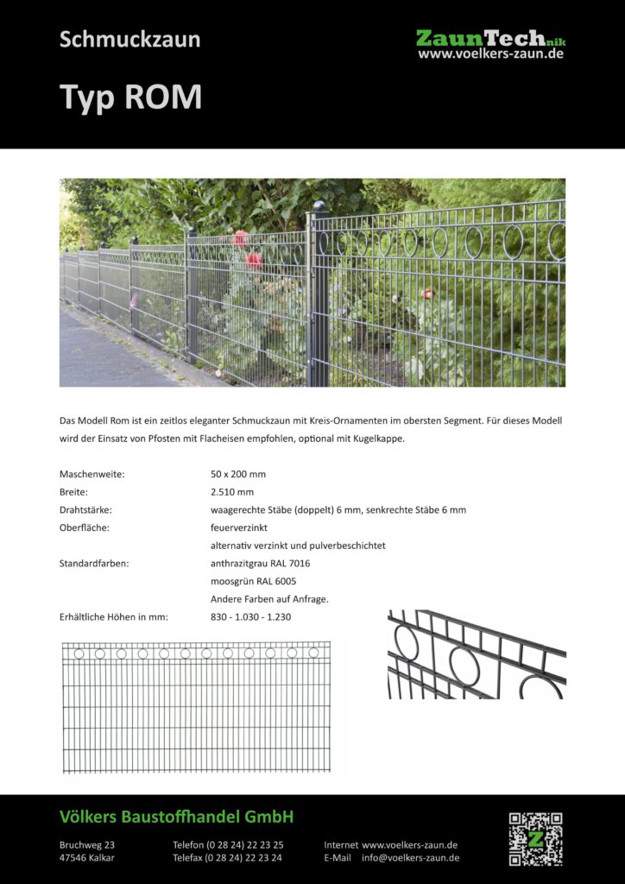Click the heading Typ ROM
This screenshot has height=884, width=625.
[x=130, y=98]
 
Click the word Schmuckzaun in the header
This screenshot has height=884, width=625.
[x=129, y=39]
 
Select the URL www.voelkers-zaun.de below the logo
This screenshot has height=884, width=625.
[x=490, y=54]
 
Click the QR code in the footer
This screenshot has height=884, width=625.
[x=535, y=838]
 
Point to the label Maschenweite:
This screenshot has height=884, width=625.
[x=92, y=474]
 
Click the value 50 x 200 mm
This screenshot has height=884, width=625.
[x=238, y=474]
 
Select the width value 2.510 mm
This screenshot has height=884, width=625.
[x=232, y=492]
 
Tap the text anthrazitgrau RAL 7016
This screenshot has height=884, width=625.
[x=260, y=563]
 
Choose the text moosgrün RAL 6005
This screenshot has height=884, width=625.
[x=253, y=581]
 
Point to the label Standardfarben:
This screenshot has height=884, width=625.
[x=94, y=563]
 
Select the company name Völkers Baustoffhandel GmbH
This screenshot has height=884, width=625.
[x=177, y=817]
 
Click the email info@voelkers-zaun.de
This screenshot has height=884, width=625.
[x=410, y=857]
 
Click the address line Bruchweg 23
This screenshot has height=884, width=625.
[x=87, y=844]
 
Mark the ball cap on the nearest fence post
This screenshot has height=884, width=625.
[x=319, y=207]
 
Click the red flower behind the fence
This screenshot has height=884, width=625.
[x=252, y=259]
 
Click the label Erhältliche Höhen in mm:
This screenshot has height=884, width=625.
[x=113, y=616]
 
